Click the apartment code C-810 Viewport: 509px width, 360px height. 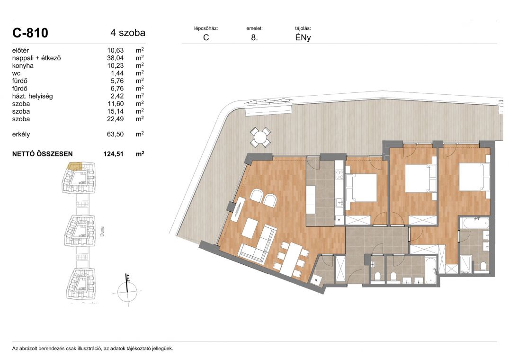tap(30, 33)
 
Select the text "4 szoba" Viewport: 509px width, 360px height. tap(128, 33)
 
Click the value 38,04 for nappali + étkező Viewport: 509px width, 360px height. tap(115, 58)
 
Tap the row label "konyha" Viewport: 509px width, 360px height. tap(23, 65)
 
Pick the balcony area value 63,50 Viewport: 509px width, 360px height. tap(115, 134)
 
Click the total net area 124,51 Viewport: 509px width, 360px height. tap(114, 154)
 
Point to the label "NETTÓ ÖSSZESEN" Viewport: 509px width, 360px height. tap(43, 154)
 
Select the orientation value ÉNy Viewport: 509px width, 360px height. tap(303, 37)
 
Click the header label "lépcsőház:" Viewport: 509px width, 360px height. tap(206, 28)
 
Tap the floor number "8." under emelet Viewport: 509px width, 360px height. tap(255, 37)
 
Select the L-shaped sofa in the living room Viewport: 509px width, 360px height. tap(258, 243)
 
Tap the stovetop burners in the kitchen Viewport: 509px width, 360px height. tap(339, 174)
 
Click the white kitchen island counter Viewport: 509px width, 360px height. tap(311, 199)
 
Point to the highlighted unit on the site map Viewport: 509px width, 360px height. tap(75, 167)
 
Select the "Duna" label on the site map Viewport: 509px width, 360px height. tap(102, 231)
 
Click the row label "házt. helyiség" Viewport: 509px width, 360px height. tap(33, 96)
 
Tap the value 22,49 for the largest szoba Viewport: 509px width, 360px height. tap(115, 119)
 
